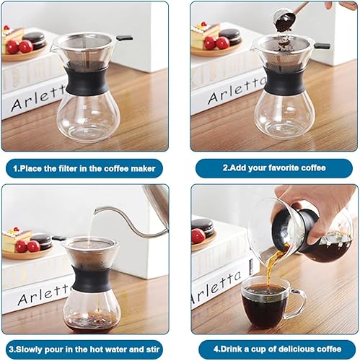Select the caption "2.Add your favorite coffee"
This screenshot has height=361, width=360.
273,168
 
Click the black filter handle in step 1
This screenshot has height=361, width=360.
124,37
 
